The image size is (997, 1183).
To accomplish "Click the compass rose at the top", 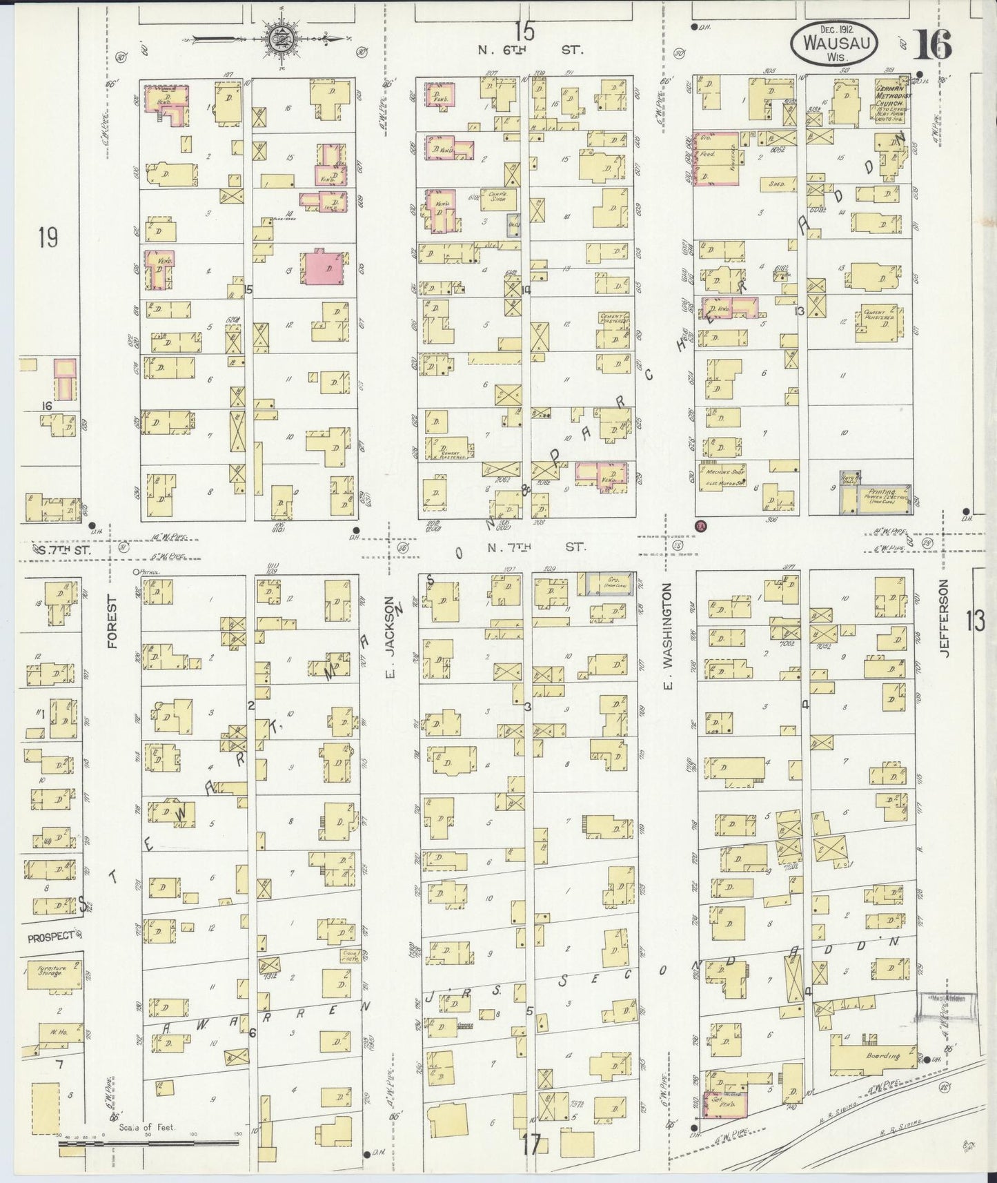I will click(x=282, y=38).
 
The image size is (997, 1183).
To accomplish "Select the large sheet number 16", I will click(x=933, y=45).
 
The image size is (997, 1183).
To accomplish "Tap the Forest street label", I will click(x=113, y=621).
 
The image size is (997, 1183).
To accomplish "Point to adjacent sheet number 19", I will click(x=48, y=238).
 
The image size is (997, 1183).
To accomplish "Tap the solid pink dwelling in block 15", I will click(x=322, y=267).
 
